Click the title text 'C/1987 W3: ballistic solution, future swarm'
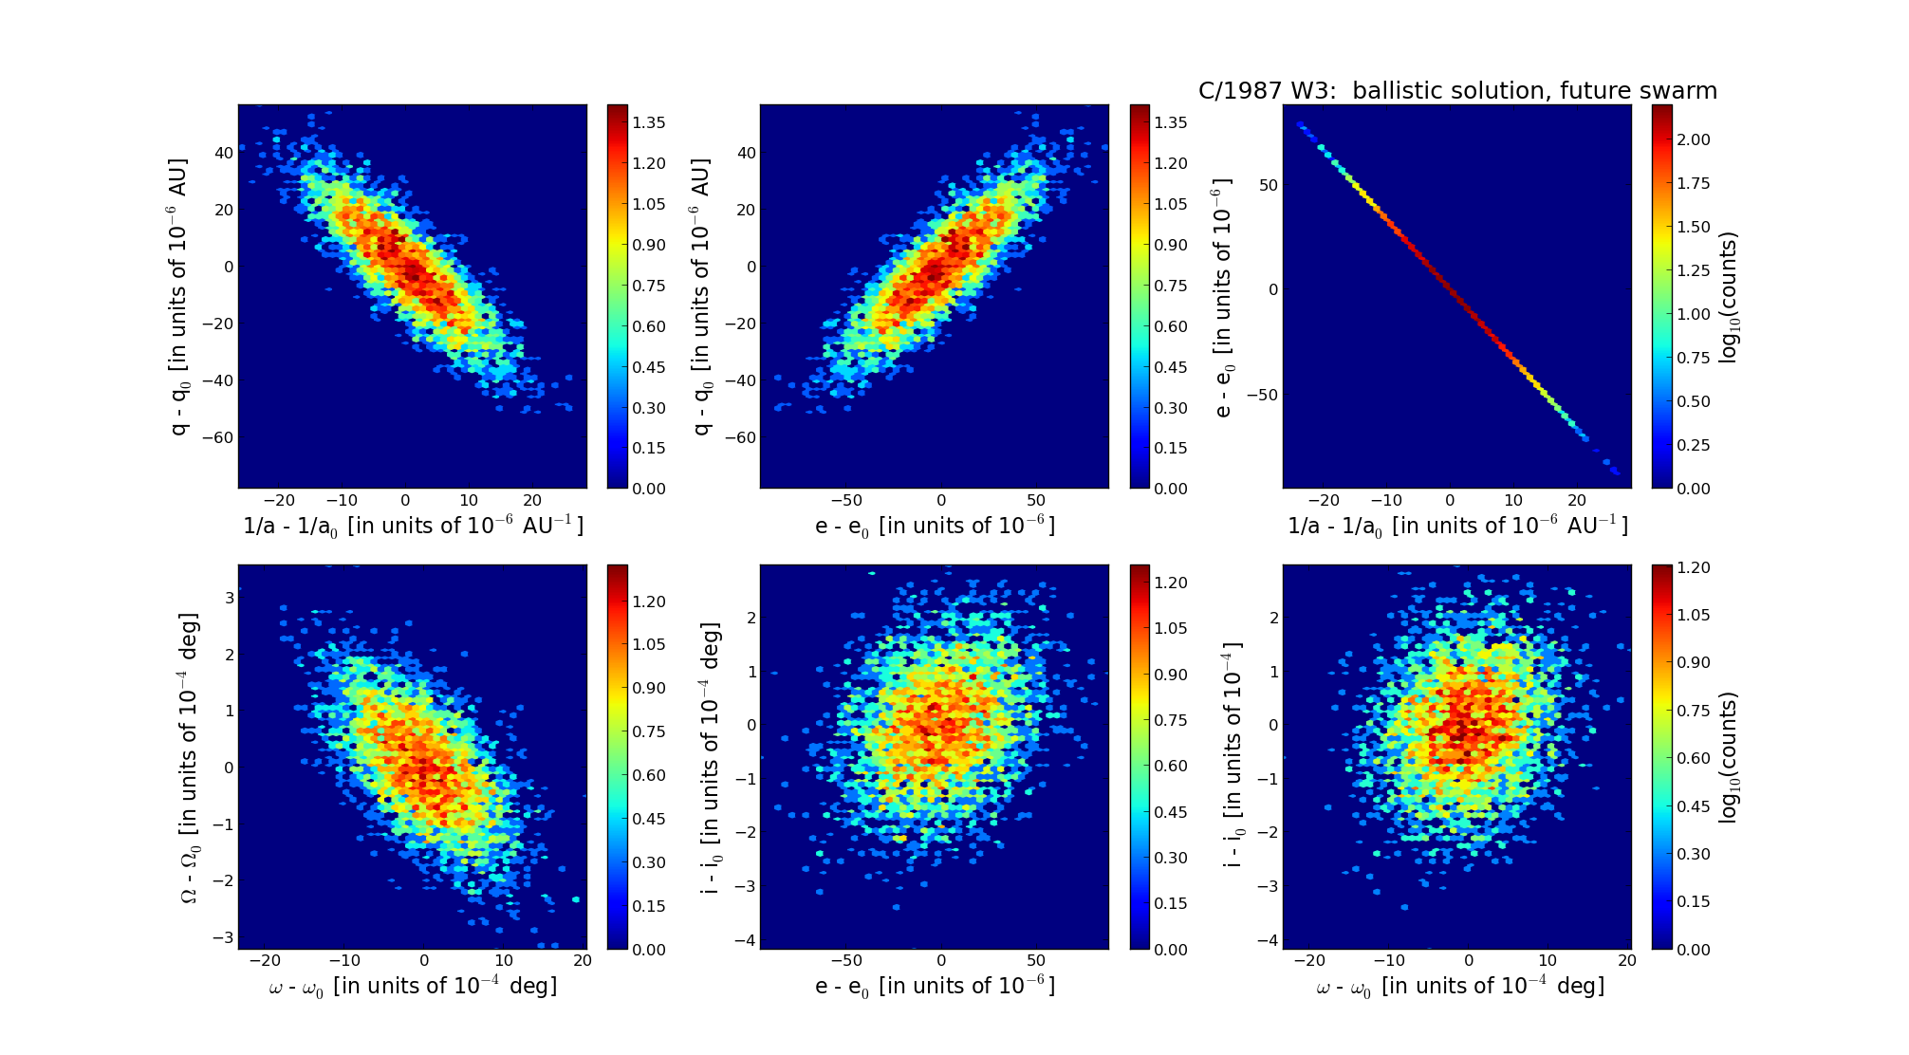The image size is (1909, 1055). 1457,91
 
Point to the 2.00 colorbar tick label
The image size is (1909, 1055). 1694,139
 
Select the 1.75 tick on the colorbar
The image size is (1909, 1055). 1694,183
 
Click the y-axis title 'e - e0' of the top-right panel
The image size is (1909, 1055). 1223,297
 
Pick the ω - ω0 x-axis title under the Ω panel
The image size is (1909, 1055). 413,987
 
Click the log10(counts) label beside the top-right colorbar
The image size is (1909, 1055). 1729,297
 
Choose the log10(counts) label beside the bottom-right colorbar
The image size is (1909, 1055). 1729,757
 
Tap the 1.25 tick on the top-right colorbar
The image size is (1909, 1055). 1694,270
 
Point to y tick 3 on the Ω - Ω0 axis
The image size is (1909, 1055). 228,598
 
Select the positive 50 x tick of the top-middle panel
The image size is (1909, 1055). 1036,501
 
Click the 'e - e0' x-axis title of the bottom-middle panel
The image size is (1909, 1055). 935,987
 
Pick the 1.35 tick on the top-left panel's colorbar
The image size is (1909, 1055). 649,122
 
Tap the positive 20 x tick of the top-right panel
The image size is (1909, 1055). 1576,501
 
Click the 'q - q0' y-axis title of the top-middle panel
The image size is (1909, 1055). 702,297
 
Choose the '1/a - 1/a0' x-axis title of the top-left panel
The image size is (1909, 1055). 413,526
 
